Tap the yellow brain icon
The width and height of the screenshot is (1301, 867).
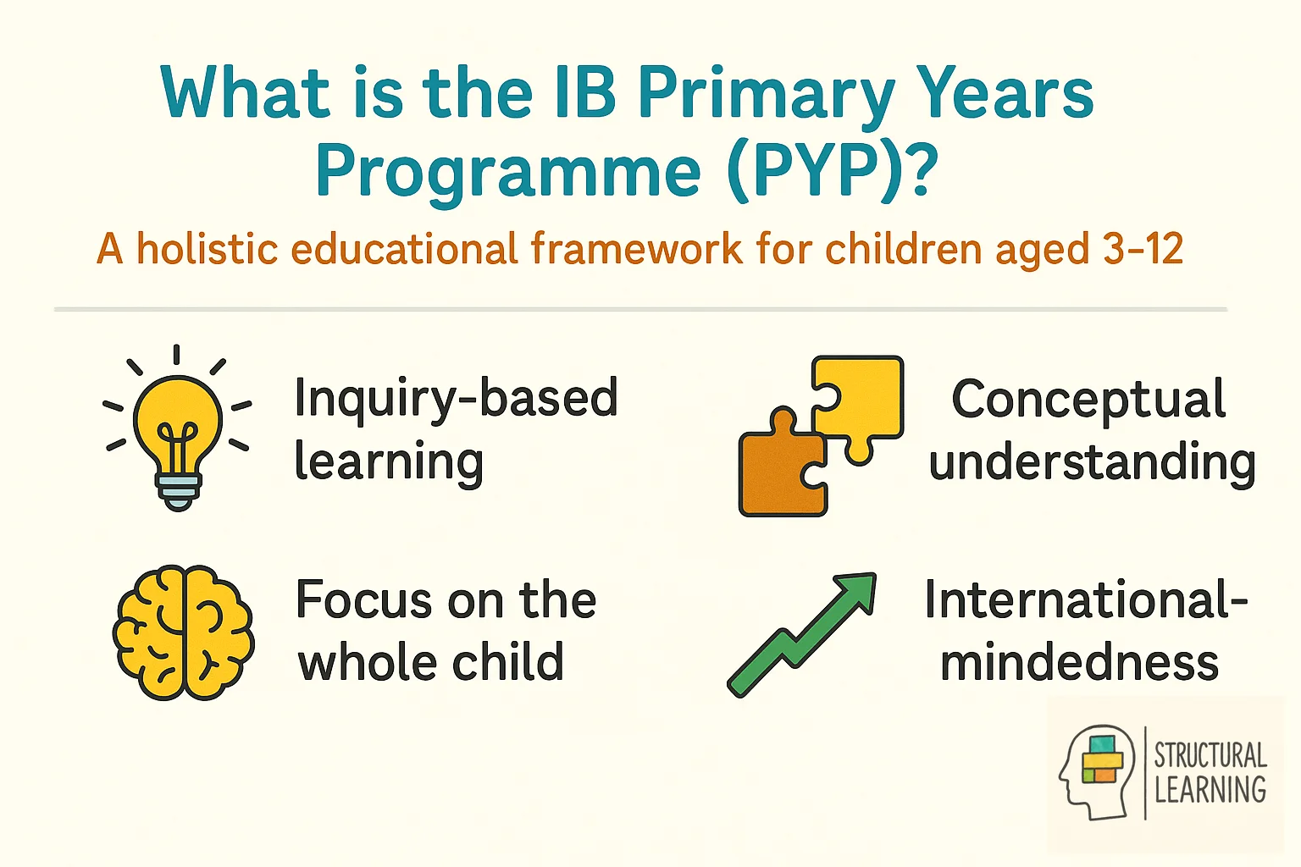pos(184,632)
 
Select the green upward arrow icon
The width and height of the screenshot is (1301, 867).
pos(801,635)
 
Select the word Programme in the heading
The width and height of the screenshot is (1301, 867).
pos(507,172)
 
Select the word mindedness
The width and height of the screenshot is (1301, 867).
pos(1079,662)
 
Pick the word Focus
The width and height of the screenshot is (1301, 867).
pos(364,600)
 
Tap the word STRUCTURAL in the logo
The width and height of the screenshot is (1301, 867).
pos(1210,754)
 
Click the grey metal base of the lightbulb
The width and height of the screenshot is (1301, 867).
pos(178,490)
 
